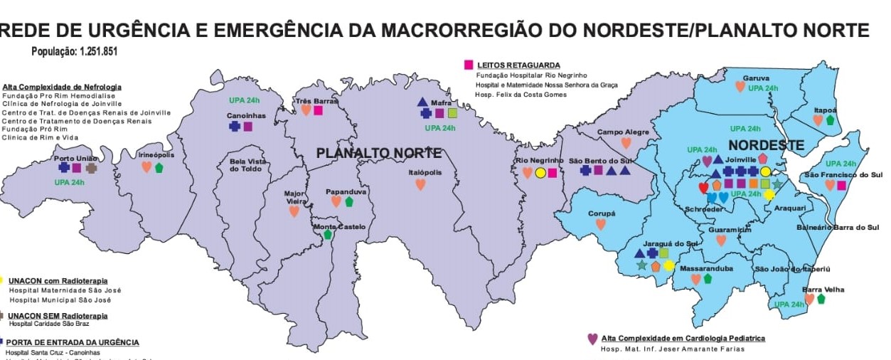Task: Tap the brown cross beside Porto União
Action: click(x=91, y=168)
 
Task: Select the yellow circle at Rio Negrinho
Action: click(x=540, y=172)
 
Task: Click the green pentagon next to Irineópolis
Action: click(x=159, y=168)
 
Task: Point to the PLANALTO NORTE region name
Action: click(x=379, y=153)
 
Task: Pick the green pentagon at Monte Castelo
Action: click(x=328, y=234)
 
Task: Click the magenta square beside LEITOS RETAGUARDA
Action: click(x=469, y=65)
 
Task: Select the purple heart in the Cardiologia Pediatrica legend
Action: click(x=592, y=339)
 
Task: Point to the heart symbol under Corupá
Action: click(x=601, y=224)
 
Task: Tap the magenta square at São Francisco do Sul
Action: click(x=842, y=186)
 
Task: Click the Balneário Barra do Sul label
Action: click(x=839, y=228)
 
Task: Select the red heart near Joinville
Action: click(x=704, y=188)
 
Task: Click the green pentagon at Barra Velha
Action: click(x=821, y=299)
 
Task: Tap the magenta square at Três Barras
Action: click(x=318, y=110)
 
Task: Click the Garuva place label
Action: click(x=756, y=78)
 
